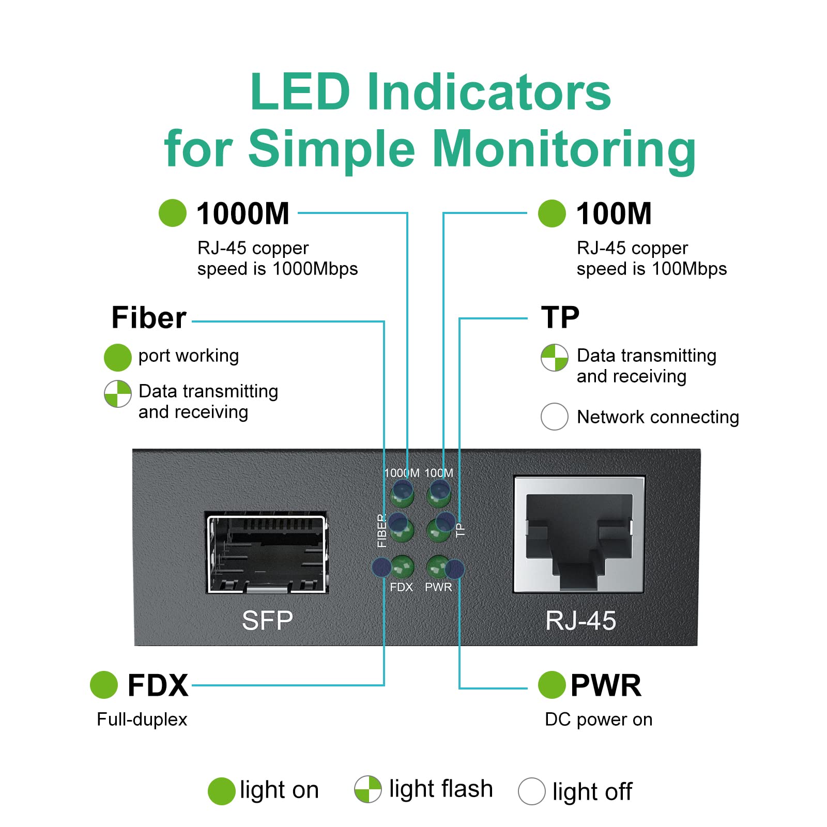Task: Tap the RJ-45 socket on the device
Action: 579,534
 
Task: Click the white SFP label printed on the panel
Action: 267,620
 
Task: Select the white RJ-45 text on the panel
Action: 580,621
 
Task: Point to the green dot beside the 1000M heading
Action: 172,213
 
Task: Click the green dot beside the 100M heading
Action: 552,213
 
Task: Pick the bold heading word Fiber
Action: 149,317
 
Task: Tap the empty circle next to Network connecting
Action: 554,417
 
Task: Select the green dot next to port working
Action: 117,357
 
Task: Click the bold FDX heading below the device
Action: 158,685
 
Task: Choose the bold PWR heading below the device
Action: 606,685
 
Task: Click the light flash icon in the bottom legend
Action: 367,789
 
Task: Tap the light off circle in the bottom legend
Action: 531,791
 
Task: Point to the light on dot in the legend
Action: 221,791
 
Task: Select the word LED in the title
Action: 300,91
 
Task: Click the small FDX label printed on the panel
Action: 401,587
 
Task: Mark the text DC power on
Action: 599,719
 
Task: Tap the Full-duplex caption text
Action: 142,719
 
